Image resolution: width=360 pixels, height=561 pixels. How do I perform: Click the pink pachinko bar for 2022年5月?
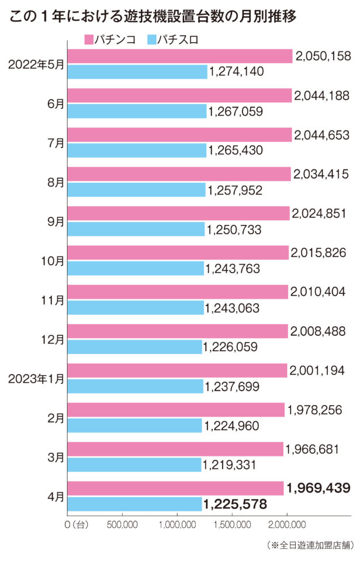tap(180, 56)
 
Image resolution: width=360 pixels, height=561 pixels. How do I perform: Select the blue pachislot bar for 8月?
tap(137, 189)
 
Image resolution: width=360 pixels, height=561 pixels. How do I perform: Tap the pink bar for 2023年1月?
tap(178, 370)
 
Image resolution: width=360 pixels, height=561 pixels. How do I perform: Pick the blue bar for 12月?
tap(135, 347)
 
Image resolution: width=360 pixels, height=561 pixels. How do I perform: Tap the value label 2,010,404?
tap(319, 292)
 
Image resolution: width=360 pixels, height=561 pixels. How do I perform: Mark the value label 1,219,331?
tap(231, 465)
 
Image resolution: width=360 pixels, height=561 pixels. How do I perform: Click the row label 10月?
tap(53, 261)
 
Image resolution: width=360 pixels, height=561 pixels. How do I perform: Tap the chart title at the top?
tap(153, 16)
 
